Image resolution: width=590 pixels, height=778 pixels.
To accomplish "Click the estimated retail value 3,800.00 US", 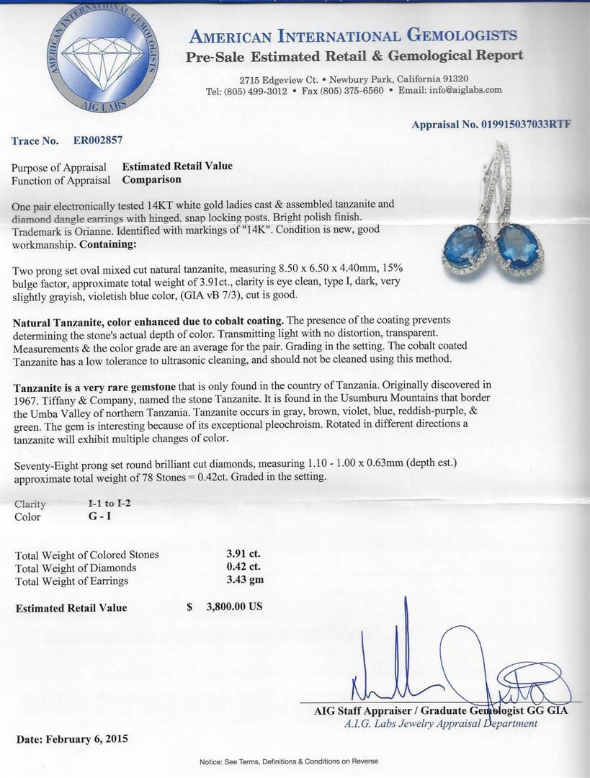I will [234, 607].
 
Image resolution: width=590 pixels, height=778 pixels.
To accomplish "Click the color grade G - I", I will [99, 516].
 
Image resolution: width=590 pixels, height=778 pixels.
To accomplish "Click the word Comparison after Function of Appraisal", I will [151, 179].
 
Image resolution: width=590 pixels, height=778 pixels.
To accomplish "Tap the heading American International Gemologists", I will [354, 36].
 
